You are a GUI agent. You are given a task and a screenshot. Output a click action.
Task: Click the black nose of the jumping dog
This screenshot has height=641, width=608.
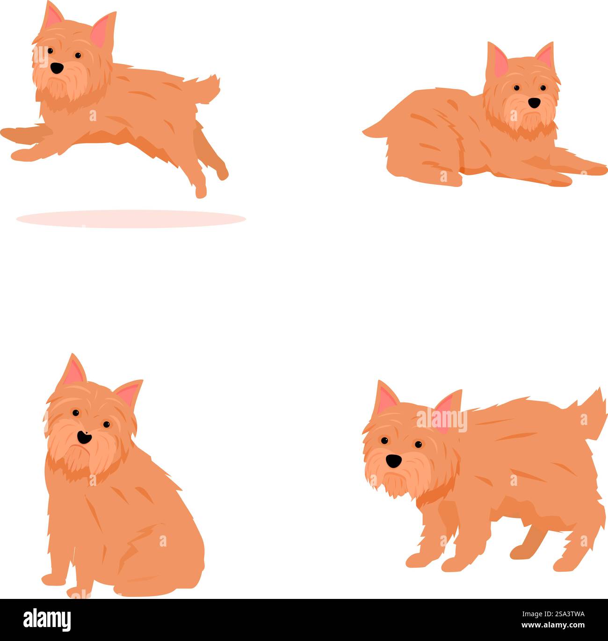[57, 68]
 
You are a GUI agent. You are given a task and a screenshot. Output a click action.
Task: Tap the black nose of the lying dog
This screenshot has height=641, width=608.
[534, 102]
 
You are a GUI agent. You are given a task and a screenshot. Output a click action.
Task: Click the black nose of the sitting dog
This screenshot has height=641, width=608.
[84, 438]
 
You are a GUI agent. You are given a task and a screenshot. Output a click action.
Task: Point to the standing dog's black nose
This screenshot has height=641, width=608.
[393, 461]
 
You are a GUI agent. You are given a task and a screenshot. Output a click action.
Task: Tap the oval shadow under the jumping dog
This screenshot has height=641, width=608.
[131, 218]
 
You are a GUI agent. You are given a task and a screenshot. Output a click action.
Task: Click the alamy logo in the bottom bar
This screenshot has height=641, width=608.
[47, 619]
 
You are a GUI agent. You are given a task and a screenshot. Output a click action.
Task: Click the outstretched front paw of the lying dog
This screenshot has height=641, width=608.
[592, 169]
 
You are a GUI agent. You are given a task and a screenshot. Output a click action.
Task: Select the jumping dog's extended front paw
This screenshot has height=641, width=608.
[9, 133]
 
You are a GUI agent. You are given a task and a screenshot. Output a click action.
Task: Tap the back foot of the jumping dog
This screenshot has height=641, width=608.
[201, 191]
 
